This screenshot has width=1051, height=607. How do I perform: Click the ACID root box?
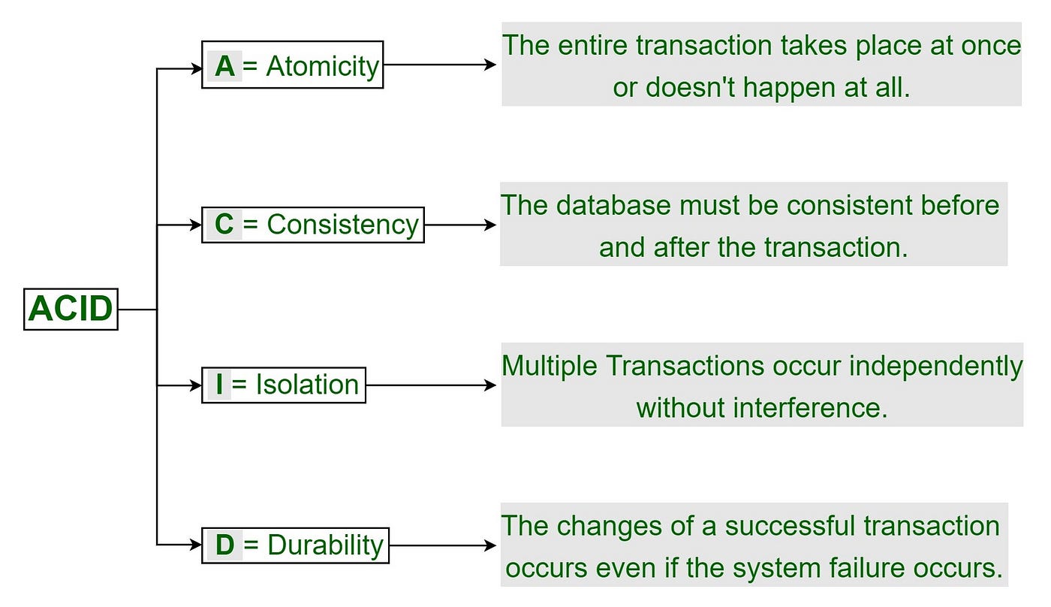(x=71, y=309)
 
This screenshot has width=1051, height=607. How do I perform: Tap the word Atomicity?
(x=323, y=66)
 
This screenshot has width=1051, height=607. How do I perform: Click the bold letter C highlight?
(x=224, y=225)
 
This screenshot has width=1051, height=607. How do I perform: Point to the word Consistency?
(x=343, y=225)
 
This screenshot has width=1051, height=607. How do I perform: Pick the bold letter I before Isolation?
(x=219, y=385)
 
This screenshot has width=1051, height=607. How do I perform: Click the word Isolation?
(x=307, y=385)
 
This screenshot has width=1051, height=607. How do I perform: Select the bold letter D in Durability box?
(x=224, y=545)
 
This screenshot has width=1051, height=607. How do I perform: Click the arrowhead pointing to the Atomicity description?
(x=490, y=65)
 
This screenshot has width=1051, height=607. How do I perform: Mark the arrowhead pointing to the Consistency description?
(x=490, y=225)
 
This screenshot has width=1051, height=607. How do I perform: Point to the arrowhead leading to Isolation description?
(x=490, y=385)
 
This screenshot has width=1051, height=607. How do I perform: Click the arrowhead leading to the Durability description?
(x=490, y=545)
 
